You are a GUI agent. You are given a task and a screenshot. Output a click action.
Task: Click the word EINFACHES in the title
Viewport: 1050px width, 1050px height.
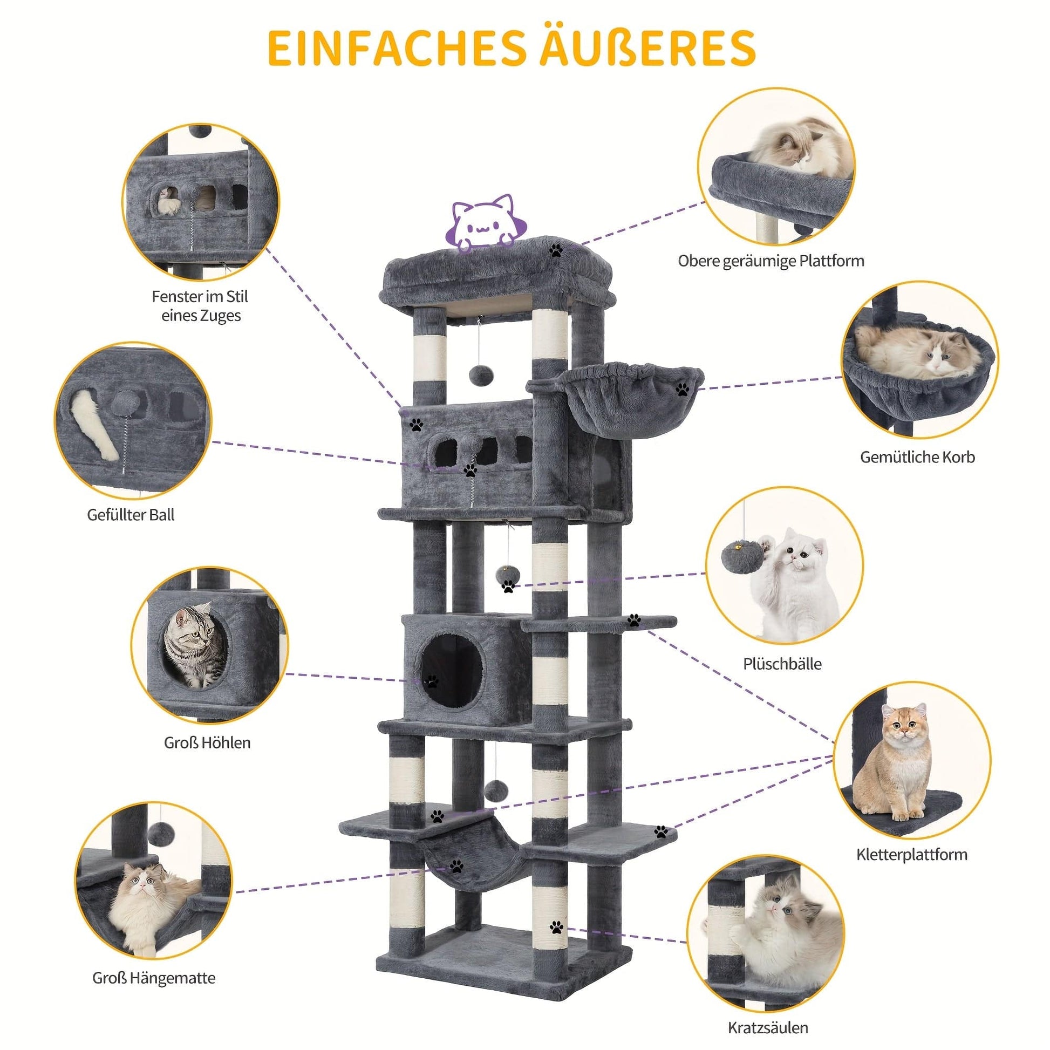click(396, 49)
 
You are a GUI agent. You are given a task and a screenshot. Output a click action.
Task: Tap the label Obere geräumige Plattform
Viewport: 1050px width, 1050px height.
click(771, 261)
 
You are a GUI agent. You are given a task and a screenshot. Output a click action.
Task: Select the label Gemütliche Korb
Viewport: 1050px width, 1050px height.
click(917, 457)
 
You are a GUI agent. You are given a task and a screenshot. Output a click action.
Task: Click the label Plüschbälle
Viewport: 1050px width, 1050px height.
click(782, 664)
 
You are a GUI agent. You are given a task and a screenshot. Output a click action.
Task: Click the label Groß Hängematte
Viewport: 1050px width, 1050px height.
click(154, 963)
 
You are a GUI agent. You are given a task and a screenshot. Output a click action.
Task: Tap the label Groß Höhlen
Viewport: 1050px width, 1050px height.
click(207, 742)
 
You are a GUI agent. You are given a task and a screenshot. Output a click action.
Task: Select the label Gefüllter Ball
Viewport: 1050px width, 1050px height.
click(131, 515)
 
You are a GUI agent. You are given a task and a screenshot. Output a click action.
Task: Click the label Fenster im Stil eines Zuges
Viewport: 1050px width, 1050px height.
click(201, 306)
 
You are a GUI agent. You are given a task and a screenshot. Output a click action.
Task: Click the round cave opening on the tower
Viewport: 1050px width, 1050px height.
click(450, 672)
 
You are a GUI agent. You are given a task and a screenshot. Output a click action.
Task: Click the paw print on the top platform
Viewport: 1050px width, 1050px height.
click(555, 250)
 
